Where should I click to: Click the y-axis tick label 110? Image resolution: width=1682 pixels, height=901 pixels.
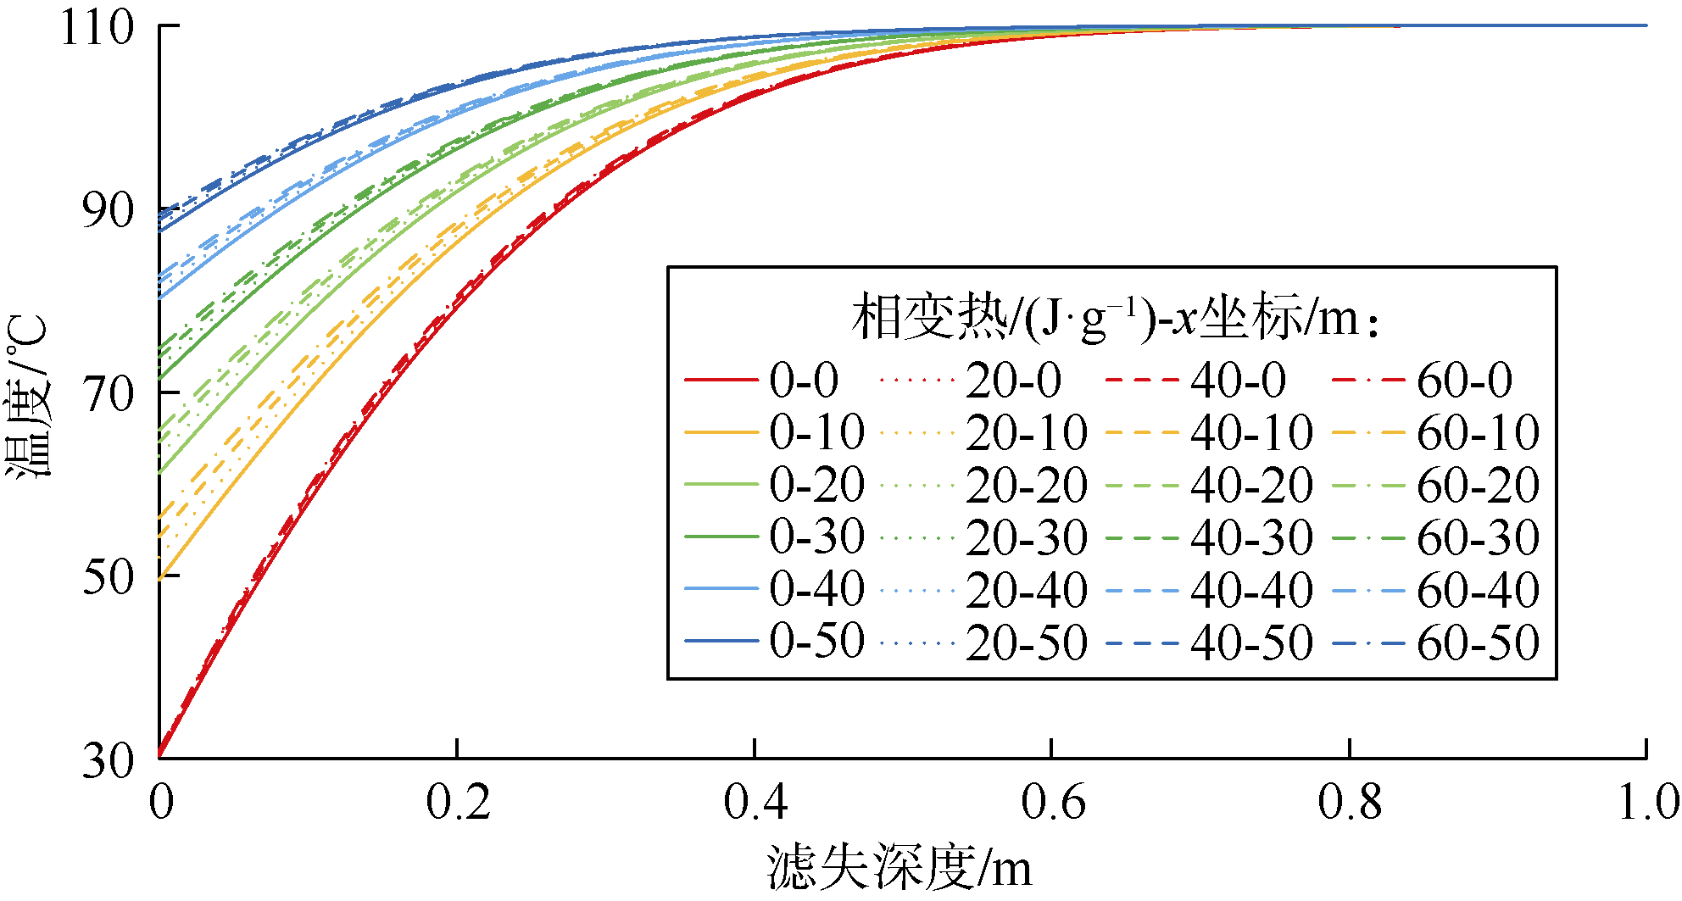pos(97,28)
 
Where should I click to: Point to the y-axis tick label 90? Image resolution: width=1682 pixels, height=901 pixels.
pos(109,210)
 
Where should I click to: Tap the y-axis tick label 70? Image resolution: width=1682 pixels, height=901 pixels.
pos(109,394)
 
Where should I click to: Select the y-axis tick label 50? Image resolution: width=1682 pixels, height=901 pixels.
pos(109,577)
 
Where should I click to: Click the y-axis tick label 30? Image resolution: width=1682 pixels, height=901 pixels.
pos(109,760)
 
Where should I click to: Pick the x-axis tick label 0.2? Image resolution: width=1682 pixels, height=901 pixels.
pos(458,802)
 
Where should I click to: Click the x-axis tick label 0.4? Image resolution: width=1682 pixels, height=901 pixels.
pos(755,802)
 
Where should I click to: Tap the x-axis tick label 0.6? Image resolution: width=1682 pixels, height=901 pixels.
pos(1053,802)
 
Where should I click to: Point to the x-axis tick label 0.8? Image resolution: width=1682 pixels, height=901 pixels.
pos(1350,802)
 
